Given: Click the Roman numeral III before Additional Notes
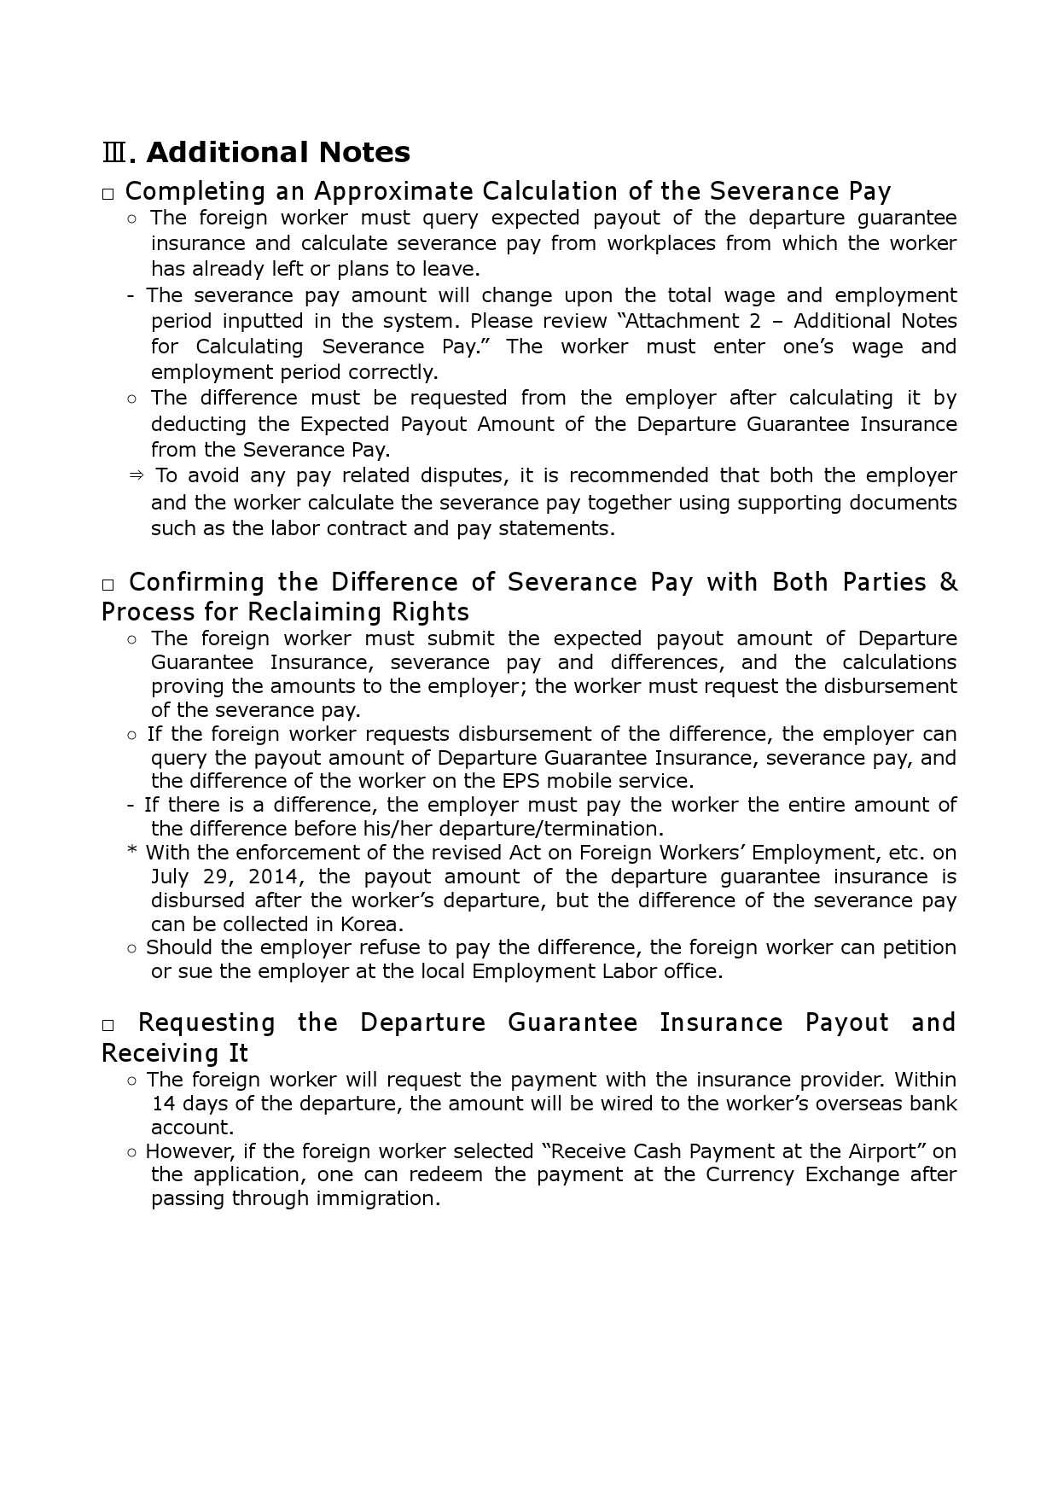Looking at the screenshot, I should point(114,154).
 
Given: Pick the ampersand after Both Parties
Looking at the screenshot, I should point(948,582).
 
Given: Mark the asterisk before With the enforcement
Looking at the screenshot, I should point(132,853).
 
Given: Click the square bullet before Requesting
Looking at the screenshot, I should point(108,1025).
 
